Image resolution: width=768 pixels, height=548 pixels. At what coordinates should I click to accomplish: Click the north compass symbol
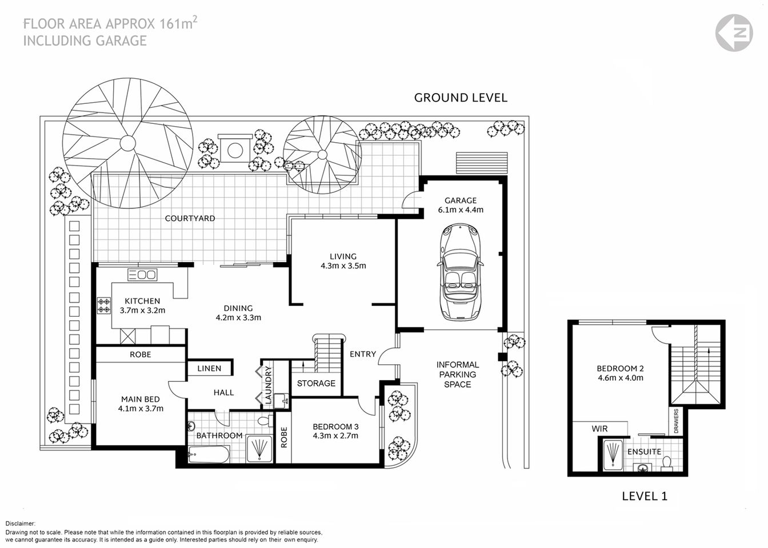[x=734, y=33]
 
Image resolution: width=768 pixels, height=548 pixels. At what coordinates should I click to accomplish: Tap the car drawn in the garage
[x=461, y=272]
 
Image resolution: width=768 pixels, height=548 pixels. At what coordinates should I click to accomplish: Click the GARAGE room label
[x=461, y=200]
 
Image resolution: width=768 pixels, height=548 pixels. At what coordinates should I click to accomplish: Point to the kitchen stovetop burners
[x=104, y=305]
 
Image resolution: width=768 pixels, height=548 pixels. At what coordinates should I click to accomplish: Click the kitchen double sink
[x=142, y=275]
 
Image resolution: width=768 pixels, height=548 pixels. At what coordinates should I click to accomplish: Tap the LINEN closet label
[x=209, y=368]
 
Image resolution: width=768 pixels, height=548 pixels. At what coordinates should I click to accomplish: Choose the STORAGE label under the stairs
[x=316, y=383]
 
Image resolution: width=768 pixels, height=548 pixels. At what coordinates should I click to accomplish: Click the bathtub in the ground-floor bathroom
[x=209, y=456]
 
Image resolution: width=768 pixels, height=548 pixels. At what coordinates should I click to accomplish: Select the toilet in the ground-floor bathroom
[x=264, y=421]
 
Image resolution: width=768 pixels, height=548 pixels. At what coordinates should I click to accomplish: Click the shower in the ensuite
[x=611, y=455]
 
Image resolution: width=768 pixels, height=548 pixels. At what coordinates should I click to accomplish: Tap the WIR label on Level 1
[x=599, y=429]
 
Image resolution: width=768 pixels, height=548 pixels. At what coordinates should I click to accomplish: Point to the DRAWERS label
[x=676, y=421]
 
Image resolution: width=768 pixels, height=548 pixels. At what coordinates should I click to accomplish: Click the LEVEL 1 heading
[x=644, y=496]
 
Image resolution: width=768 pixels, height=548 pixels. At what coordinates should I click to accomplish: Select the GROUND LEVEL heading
[x=461, y=98]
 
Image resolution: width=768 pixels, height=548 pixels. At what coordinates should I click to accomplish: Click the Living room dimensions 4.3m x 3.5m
[x=343, y=265]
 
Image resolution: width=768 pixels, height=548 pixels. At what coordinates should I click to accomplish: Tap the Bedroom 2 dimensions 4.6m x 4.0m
[x=620, y=377]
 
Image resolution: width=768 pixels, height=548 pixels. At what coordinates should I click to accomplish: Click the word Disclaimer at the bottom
[x=21, y=523]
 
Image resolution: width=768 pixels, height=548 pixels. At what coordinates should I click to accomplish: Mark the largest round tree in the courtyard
[x=128, y=141]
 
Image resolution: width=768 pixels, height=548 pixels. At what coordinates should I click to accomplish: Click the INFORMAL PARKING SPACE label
[x=457, y=374]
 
